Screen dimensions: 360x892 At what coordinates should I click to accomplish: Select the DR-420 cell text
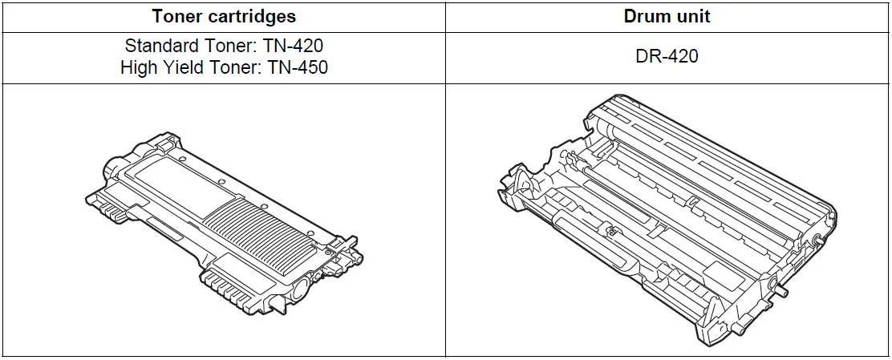[667, 56]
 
